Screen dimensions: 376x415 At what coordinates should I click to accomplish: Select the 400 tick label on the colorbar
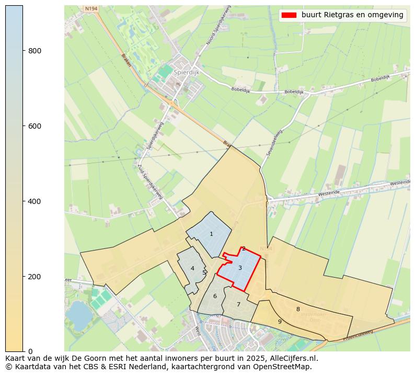[34, 201]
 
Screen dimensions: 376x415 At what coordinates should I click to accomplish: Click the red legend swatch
[289, 15]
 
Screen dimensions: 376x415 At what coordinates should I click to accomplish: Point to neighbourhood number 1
[211, 234]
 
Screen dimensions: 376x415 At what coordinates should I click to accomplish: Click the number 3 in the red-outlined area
[240, 268]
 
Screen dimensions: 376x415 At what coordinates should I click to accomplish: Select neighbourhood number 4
[192, 269]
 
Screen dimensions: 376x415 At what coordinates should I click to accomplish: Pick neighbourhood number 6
[215, 297]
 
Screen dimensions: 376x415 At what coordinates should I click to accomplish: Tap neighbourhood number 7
[238, 304]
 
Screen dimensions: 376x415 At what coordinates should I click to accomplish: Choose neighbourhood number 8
[298, 310]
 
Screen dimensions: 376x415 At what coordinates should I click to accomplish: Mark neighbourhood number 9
[280, 322]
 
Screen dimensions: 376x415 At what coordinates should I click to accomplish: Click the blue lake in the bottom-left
[77, 312]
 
